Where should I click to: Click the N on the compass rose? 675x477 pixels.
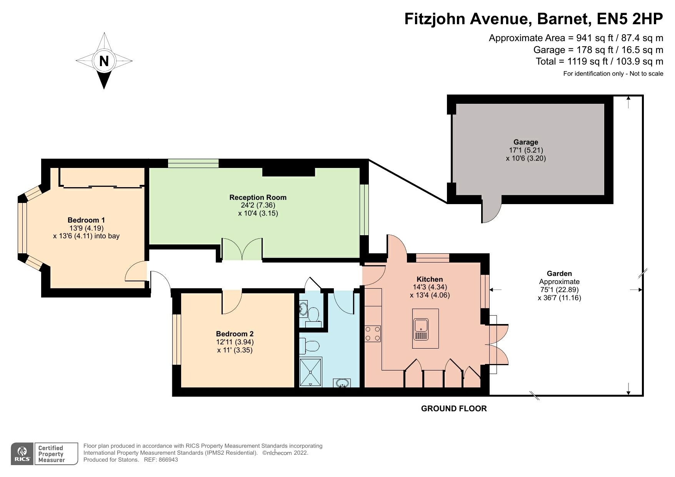pyautogui.click(x=104, y=61)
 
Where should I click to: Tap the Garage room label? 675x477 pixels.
pyautogui.click(x=526, y=142)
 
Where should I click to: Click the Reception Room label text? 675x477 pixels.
pyautogui.click(x=258, y=197)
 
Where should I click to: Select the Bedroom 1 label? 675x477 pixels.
pyautogui.click(x=86, y=220)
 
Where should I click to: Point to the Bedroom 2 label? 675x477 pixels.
pyautogui.click(x=235, y=334)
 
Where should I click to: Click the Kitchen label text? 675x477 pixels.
pyautogui.click(x=430, y=279)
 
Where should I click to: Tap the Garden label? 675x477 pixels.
pyautogui.click(x=559, y=273)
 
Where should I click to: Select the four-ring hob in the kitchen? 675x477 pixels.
pyautogui.click(x=373, y=334)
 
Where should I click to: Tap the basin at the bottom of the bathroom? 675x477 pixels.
pyautogui.click(x=342, y=383)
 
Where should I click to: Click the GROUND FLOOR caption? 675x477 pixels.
pyautogui.click(x=454, y=409)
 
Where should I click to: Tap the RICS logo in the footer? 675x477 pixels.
pyautogui.click(x=22, y=454)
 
